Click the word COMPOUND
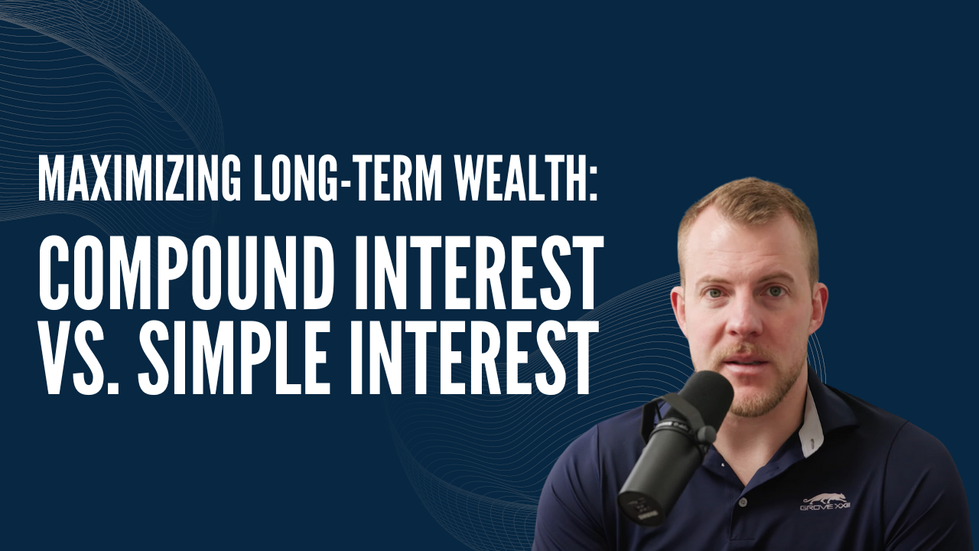(186, 272)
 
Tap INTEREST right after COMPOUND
(477, 272)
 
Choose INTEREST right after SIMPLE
(473, 357)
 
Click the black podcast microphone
(676, 446)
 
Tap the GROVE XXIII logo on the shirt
(825, 502)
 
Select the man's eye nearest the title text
(715, 293)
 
